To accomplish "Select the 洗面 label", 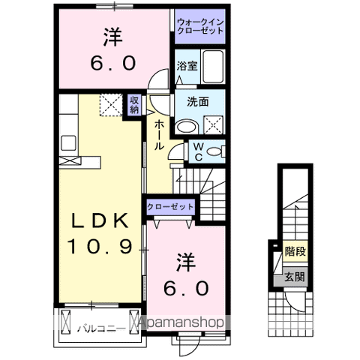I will (187, 103).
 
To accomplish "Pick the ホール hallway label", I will (159, 135).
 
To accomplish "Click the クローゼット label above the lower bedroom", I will (170, 205).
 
